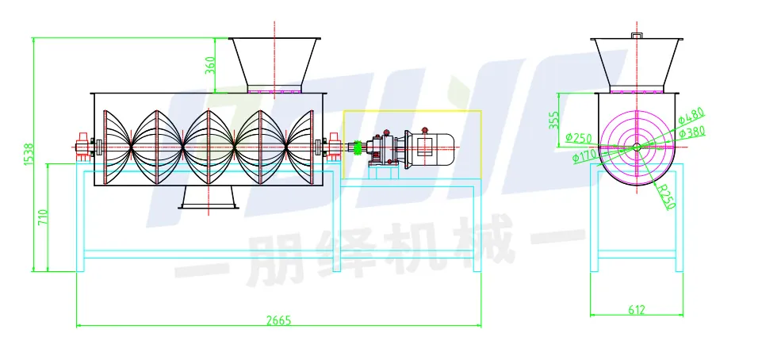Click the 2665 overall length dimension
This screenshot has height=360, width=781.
tap(278, 320)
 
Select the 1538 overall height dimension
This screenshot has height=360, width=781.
tap(29, 154)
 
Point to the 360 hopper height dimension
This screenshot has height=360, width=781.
tap(210, 65)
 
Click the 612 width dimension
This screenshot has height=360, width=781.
tap(637, 309)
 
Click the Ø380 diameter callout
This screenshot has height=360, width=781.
tap(691, 132)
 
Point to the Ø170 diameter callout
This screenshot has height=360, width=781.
tap(584, 156)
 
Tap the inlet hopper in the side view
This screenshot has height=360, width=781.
tap(274, 63)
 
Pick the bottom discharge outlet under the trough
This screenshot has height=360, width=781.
tap(209, 197)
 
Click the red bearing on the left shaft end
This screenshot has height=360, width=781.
tap(81, 147)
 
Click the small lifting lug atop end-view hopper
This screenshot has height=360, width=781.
tap(636, 35)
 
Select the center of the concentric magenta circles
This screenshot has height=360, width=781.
tap(636, 147)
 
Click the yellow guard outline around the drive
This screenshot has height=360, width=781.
tap(412, 111)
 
